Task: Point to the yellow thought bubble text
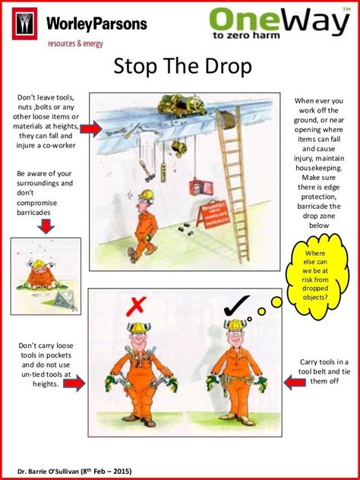[315, 276]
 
